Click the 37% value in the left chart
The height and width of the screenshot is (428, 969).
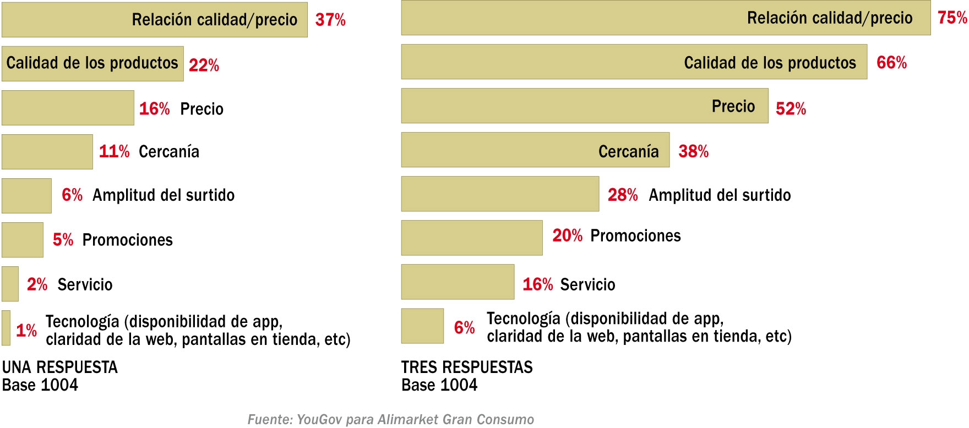click(x=330, y=20)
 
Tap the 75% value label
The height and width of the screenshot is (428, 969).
click(x=952, y=18)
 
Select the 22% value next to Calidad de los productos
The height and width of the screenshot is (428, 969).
click(x=204, y=65)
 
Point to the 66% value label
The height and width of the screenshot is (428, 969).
click(x=891, y=63)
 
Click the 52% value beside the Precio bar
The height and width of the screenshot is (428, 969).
click(x=791, y=108)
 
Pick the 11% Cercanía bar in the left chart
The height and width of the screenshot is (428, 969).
click(x=47, y=152)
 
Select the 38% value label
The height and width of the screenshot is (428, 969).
click(x=693, y=151)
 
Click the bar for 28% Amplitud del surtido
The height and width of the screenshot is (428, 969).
click(x=500, y=194)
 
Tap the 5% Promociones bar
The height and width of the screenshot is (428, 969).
click(x=23, y=240)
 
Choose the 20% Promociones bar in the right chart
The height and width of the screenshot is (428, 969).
click(x=472, y=238)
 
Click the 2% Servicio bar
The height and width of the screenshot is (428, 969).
click(x=10, y=284)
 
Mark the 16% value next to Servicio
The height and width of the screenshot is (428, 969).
click(x=537, y=284)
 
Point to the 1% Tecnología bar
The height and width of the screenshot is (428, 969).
click(x=6, y=328)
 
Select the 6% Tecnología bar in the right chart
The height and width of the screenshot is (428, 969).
click(x=422, y=326)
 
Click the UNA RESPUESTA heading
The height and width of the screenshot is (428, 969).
click(x=60, y=367)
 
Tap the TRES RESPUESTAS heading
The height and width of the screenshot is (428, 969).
click(x=467, y=367)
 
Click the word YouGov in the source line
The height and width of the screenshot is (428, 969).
click(x=319, y=419)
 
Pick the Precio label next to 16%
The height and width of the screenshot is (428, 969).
click(x=202, y=109)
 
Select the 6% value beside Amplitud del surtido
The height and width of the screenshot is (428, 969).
click(x=72, y=195)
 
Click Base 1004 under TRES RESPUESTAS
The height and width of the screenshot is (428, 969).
click(x=439, y=385)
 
